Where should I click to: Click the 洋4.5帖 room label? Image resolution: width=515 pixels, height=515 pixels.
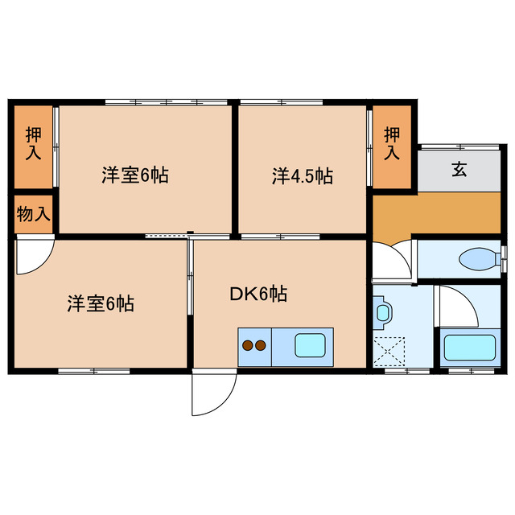302,175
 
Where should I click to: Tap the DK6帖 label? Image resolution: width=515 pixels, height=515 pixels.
258,294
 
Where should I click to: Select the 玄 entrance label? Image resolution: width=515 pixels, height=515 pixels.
459,170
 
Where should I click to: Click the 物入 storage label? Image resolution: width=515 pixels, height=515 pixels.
33,214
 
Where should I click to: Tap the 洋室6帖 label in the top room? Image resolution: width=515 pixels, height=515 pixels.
134,175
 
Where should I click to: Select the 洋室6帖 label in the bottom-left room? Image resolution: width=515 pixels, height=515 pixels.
100,303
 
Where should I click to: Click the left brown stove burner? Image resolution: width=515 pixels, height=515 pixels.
248,347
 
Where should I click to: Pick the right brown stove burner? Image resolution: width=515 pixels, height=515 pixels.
261,347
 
